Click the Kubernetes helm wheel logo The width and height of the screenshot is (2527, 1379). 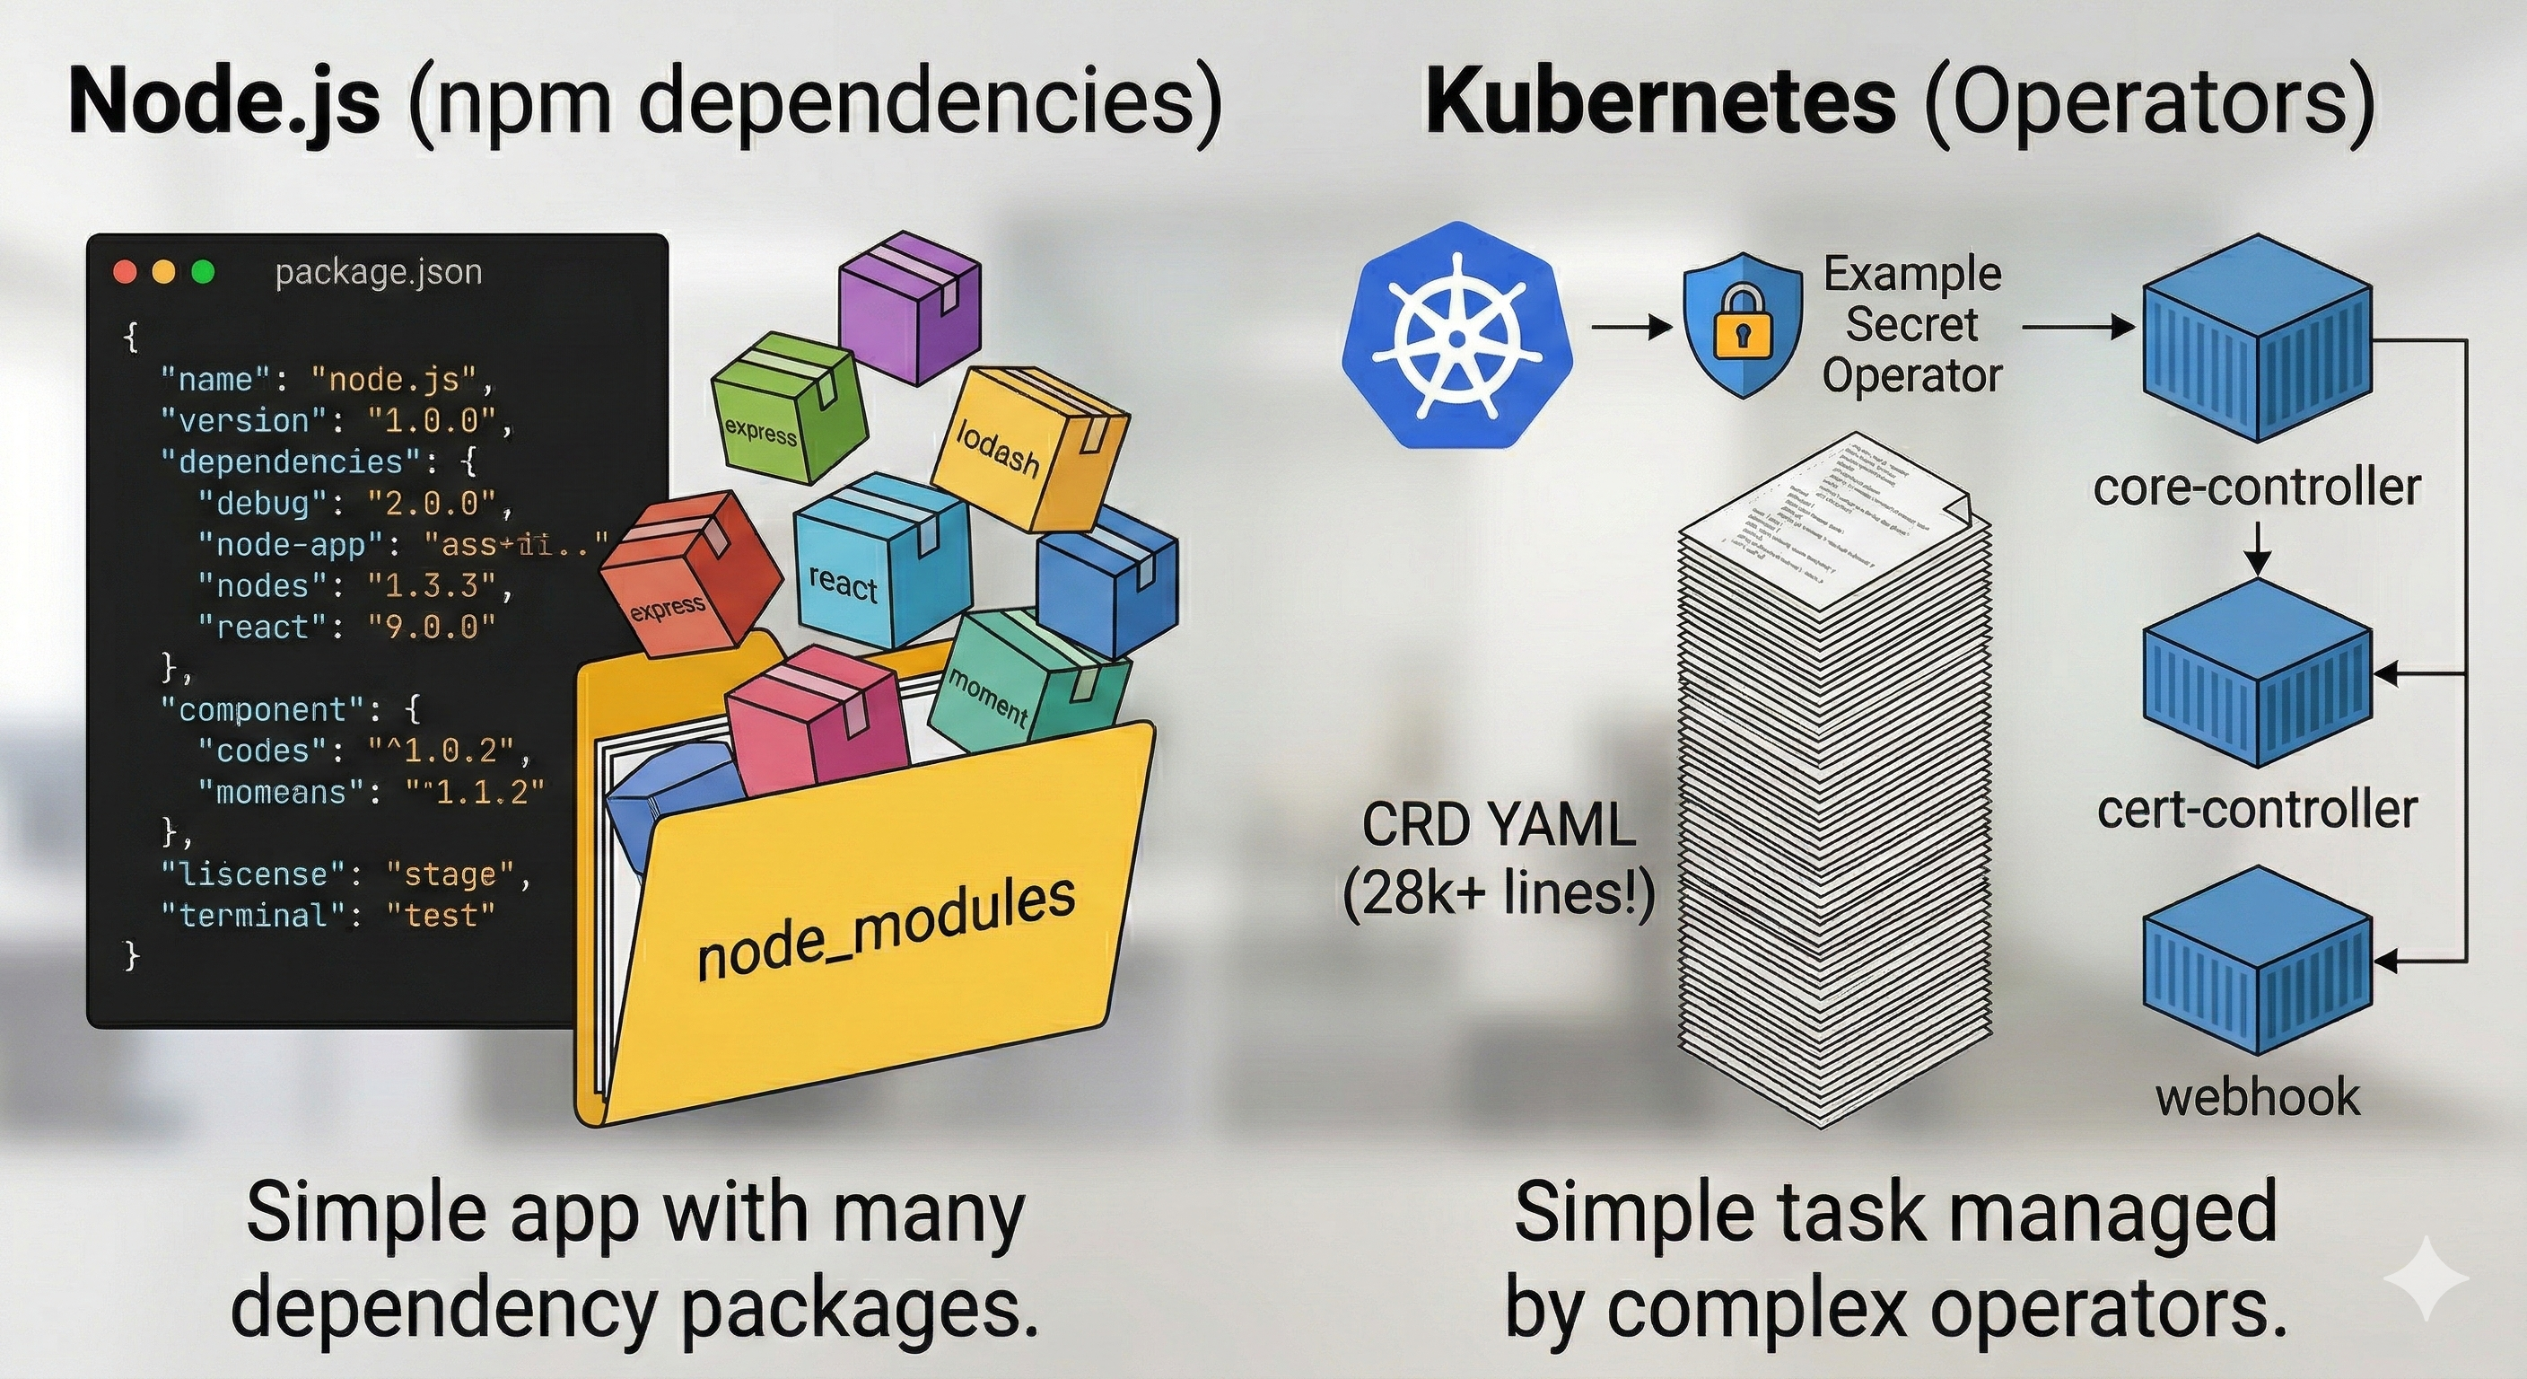1456,336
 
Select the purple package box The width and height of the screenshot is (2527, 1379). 909,305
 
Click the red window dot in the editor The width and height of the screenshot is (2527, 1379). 126,272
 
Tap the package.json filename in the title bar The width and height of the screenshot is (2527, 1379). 378,272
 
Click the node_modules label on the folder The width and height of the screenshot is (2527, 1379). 886,927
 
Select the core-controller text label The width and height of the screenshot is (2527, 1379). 2256,487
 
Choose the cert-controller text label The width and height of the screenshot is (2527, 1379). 2256,810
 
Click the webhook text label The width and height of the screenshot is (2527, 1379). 2257,1096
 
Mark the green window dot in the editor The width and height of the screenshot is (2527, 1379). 203,272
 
